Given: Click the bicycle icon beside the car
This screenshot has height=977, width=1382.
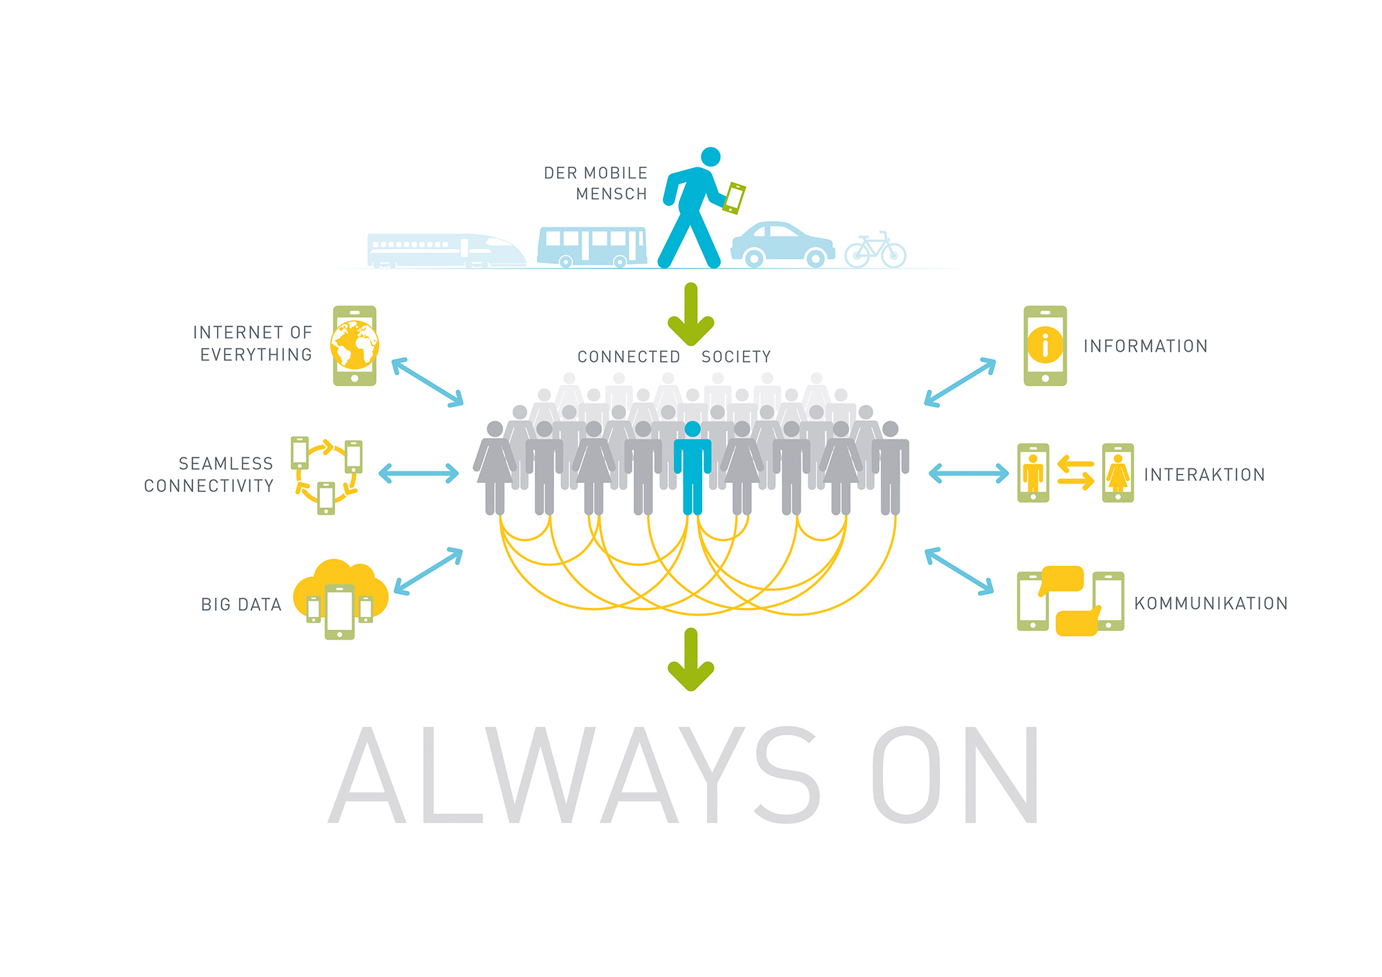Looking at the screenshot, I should pyautogui.click(x=875, y=250).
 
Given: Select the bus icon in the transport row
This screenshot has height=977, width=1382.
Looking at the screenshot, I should pyautogui.click(x=592, y=247).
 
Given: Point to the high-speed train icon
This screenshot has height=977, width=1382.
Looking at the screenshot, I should pyautogui.click(x=446, y=251).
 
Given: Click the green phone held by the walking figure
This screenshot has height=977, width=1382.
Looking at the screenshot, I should pyautogui.click(x=734, y=198).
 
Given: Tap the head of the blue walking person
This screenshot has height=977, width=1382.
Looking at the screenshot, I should pyautogui.click(x=710, y=157).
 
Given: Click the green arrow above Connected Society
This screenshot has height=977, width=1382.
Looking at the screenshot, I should pyautogui.click(x=690, y=314).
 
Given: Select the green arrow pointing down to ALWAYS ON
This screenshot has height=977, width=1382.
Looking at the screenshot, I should pyautogui.click(x=690, y=660).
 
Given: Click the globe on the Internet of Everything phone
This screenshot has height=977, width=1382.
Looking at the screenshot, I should pyautogui.click(x=354, y=345).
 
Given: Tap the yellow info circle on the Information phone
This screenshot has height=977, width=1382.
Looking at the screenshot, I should pyautogui.click(x=1045, y=345).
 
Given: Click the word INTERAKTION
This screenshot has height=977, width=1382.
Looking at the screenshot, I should pyautogui.click(x=1204, y=475).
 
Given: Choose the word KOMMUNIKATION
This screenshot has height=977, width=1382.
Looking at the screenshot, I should pyautogui.click(x=1211, y=603).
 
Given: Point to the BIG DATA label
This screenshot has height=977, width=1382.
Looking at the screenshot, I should pyautogui.click(x=241, y=605).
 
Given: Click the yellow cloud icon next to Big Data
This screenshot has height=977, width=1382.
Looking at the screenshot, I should pyautogui.click(x=340, y=587).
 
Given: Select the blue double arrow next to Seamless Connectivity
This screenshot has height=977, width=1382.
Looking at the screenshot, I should pyautogui.click(x=419, y=473).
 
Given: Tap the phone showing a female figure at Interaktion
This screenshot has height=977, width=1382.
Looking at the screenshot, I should pyautogui.click(x=1117, y=473).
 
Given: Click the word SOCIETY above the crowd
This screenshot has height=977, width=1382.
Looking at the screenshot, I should pyautogui.click(x=736, y=357).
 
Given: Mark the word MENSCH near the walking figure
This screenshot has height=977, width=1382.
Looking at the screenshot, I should pyautogui.click(x=612, y=194).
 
